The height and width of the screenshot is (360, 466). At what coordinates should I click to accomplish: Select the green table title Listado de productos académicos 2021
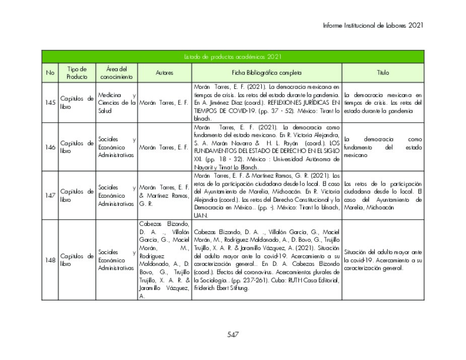tap(233, 56)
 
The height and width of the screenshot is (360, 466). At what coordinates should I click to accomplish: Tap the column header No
tap(50, 73)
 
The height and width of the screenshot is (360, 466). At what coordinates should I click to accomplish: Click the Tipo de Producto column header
tap(77, 73)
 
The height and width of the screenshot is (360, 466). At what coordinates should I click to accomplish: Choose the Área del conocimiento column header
tap(116, 73)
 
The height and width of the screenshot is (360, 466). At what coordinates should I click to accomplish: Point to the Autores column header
tap(164, 73)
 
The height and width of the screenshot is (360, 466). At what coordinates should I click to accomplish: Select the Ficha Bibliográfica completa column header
tap(267, 73)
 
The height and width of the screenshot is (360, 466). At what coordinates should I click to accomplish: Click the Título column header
tap(383, 73)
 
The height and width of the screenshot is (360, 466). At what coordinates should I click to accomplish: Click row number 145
tap(50, 103)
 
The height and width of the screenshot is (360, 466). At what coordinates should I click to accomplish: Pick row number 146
tap(50, 147)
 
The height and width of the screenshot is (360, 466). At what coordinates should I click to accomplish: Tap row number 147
tap(50, 195)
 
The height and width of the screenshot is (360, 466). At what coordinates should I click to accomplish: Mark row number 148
tap(50, 260)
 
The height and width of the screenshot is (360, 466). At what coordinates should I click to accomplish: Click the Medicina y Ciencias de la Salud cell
tap(117, 103)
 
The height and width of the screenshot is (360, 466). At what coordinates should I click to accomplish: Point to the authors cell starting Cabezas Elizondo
tap(164, 260)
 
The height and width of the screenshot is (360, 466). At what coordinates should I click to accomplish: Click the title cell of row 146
tap(383, 147)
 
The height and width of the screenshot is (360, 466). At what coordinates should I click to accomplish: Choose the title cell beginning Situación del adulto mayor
tap(383, 260)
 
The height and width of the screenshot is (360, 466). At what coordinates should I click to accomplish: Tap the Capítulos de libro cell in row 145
tap(77, 103)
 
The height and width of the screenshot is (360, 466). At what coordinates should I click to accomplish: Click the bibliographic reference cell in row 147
tap(267, 195)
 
